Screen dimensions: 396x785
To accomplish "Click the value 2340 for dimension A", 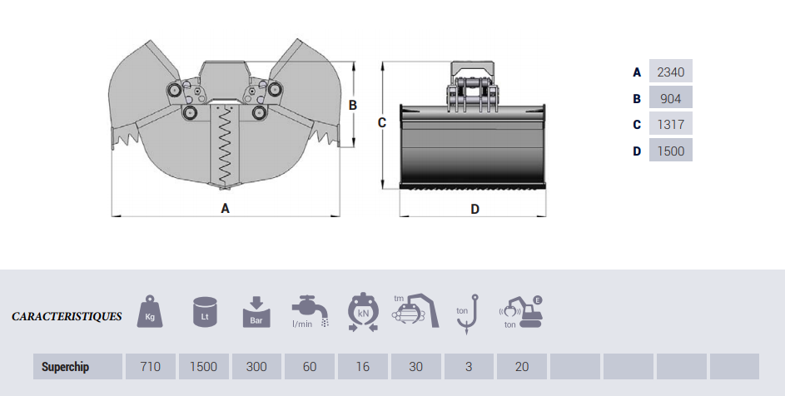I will tap(670, 72).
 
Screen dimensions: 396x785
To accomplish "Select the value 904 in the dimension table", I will tap(670, 98).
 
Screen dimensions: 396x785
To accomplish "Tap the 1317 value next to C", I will tap(670, 125).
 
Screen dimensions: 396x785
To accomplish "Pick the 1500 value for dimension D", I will tap(670, 151).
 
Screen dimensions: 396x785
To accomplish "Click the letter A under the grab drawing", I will tap(225, 209).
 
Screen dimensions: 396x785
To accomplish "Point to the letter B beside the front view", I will tap(353, 105).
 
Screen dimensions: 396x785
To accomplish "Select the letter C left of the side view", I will tap(381, 123).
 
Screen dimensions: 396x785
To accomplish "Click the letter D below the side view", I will tap(474, 209).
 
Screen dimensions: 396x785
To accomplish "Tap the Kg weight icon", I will tap(151, 311).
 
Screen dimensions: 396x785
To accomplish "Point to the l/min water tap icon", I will tap(309, 311).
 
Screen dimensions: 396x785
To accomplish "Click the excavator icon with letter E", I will tap(520, 312).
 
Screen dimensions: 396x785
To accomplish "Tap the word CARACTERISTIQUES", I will tap(67, 317).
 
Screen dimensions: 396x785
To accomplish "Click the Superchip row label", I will tap(65, 366).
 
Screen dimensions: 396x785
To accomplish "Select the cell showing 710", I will tap(151, 366).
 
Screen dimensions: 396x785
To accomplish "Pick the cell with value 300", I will tap(256, 366).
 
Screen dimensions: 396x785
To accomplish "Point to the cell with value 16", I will tap(362, 366).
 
